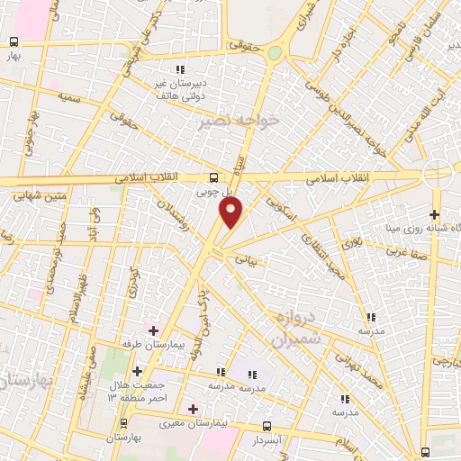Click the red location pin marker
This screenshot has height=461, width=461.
(x=230, y=212)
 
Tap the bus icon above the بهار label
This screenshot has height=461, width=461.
(x=14, y=41)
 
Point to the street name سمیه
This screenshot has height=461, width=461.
(x=69, y=95)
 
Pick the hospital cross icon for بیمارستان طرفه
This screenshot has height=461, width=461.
(x=153, y=330)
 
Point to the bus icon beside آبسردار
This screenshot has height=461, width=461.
(x=267, y=426)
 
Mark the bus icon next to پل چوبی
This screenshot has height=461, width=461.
(x=213, y=177)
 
